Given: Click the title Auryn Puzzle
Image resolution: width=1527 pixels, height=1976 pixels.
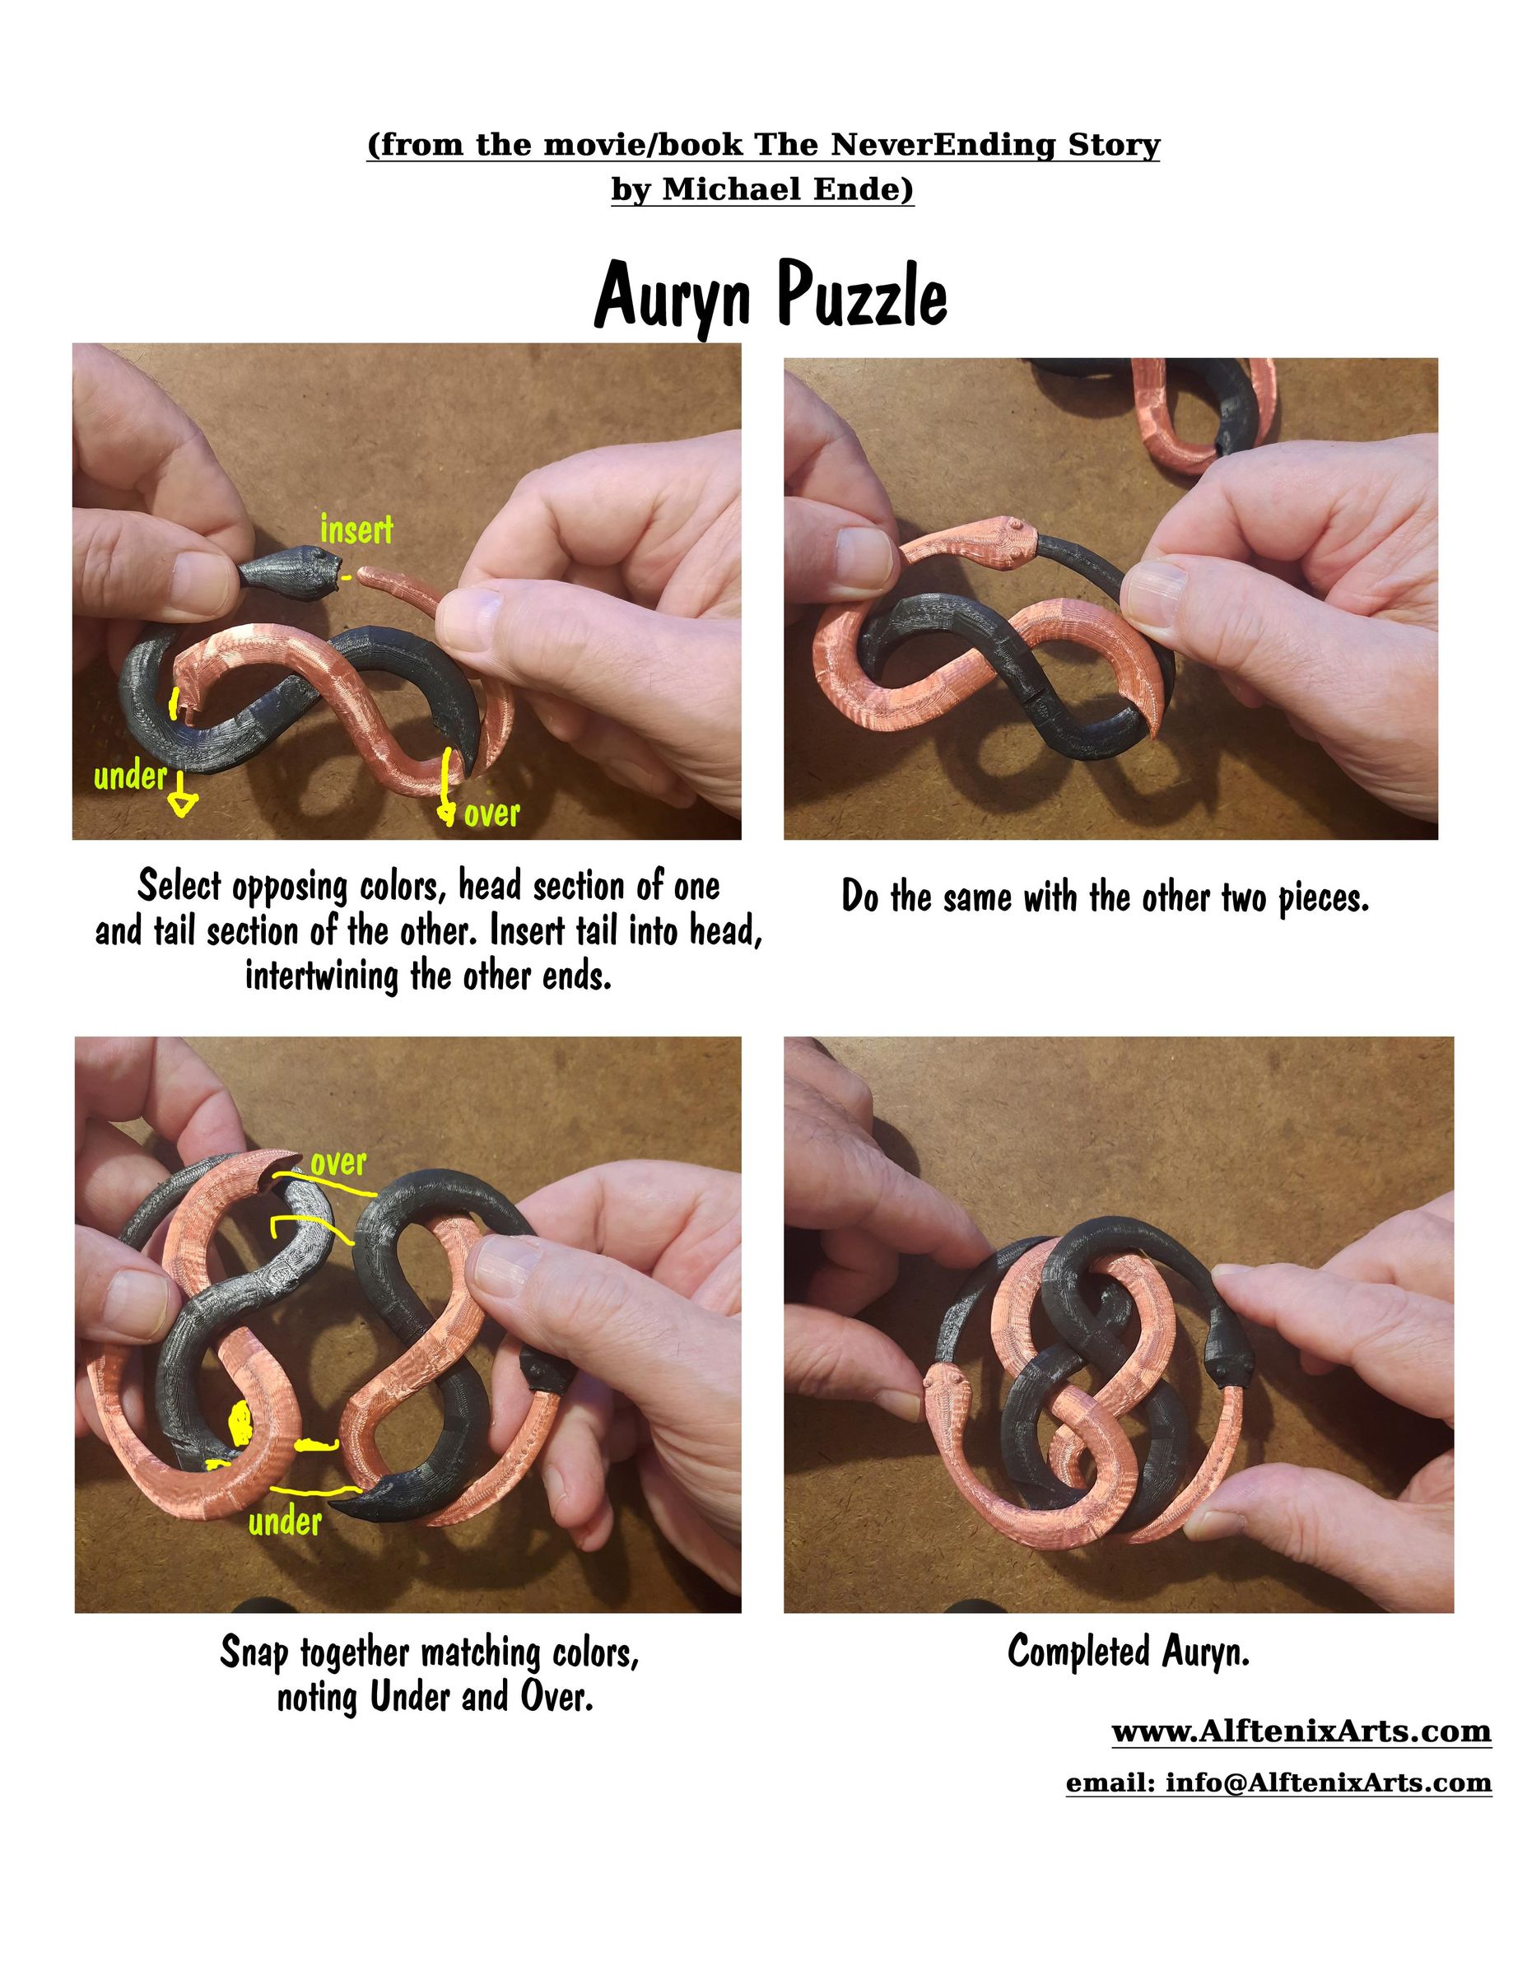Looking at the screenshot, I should point(770,295).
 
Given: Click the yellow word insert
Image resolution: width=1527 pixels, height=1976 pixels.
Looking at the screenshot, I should point(356,529).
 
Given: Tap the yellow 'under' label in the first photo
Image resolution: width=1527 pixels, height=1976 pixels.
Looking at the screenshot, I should point(130,776).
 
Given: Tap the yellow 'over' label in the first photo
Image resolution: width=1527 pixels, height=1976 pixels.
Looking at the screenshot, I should point(491,813).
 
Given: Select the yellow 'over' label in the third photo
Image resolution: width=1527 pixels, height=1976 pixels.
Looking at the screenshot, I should point(338,1162).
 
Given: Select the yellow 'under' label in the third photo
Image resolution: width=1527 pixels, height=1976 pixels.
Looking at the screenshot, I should point(285,1521).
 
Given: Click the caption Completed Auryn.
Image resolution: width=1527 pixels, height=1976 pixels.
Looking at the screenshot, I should point(1128,1651).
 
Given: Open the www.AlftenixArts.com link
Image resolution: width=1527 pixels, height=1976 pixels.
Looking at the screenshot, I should point(1301,1731).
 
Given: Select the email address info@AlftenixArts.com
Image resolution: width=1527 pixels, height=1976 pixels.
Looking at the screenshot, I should point(1328,1783).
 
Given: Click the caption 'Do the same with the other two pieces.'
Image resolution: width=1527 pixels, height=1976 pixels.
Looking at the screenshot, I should point(1105,897).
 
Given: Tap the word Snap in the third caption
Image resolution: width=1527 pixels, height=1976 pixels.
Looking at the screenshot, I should point(254,1653).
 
